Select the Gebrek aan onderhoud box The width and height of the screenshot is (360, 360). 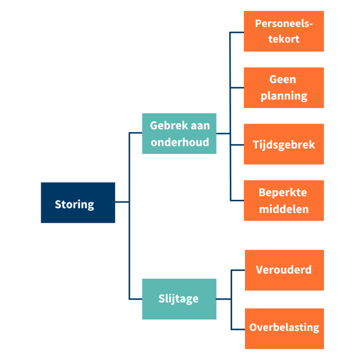(179, 134)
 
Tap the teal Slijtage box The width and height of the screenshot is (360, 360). (179, 299)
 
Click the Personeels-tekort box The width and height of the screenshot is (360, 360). (283, 31)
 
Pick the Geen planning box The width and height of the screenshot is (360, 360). (283, 88)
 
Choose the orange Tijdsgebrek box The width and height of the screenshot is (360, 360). (283, 144)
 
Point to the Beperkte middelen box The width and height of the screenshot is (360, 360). (283, 201)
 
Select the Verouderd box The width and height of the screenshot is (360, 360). (284, 270)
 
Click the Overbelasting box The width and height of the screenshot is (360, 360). (284, 328)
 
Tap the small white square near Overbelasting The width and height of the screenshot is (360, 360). (230, 334)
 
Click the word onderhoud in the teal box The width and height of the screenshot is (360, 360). (180, 142)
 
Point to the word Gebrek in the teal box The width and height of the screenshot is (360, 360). (164, 126)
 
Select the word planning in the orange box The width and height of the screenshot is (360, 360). (283, 96)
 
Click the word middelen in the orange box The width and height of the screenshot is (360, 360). (283, 209)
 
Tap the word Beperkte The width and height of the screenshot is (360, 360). (283, 193)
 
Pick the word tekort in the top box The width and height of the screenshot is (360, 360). (283, 39)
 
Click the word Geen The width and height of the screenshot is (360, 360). (283, 80)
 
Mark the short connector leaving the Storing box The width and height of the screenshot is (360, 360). (122, 202)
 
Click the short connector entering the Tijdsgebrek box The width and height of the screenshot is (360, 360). (237, 145)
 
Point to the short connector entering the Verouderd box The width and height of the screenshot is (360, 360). (238, 270)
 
